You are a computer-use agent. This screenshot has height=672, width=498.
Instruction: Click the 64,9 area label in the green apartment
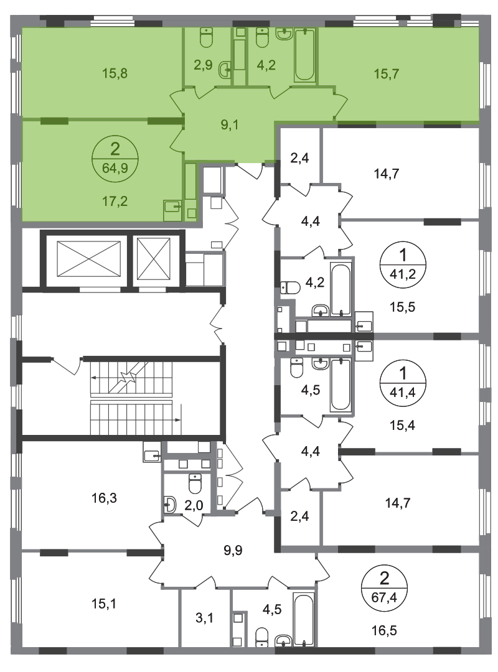tap(115, 167)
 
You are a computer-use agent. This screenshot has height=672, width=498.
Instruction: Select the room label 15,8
tap(115, 73)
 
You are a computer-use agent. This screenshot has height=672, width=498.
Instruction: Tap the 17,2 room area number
tap(115, 200)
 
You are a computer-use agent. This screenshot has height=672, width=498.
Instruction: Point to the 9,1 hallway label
tap(230, 125)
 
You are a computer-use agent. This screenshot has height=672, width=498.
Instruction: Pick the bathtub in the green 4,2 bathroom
tap(304, 55)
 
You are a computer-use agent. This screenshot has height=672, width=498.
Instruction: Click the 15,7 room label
tap(386, 73)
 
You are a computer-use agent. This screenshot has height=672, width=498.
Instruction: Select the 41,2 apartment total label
tap(402, 273)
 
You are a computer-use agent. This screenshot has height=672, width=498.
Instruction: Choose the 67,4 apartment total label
tap(384, 597)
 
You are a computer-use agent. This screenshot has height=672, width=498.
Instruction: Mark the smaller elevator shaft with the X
tap(154, 258)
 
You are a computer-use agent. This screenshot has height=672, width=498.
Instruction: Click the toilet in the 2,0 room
tap(195, 483)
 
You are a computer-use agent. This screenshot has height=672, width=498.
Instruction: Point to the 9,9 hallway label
tap(233, 550)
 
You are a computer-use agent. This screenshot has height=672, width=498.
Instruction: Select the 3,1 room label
tap(204, 618)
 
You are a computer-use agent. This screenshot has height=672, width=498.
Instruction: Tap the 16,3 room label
tap(104, 498)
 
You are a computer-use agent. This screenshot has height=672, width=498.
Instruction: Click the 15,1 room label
tap(104, 604)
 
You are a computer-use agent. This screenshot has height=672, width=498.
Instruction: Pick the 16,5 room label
tap(384, 630)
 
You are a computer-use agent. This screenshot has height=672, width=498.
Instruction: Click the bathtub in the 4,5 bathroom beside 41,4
tap(341, 385)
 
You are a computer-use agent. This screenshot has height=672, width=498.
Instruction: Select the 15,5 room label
tap(402, 307)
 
